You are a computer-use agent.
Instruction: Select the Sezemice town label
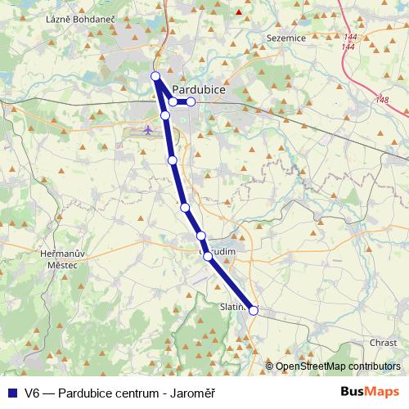tap(285, 38)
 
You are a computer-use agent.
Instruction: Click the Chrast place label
tap(383, 343)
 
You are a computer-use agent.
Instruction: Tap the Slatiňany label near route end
tap(233, 306)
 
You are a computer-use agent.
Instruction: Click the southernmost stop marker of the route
tap(254, 310)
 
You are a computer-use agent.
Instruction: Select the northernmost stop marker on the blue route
tap(155, 76)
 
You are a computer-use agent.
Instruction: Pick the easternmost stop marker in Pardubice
tap(191, 101)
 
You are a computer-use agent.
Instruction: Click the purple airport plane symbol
tap(147, 129)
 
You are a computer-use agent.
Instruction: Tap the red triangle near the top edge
tap(239, 11)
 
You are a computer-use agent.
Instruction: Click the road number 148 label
tap(382, 100)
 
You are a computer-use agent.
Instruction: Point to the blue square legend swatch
tap(11, 392)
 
